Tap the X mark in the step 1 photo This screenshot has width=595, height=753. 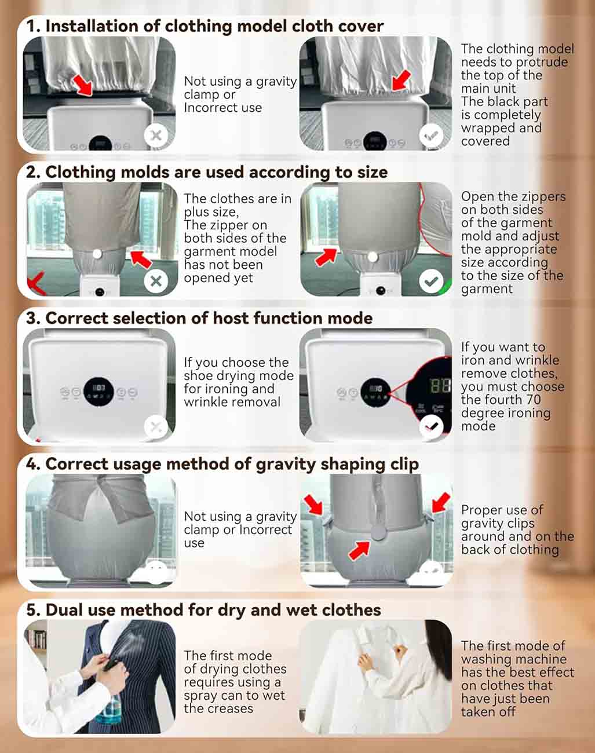pos(156,135)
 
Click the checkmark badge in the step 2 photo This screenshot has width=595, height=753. pos(431,281)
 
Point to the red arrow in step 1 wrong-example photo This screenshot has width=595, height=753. pos(83,85)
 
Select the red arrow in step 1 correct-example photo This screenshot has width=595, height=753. pos(401,81)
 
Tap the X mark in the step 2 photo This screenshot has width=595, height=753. pos(156,281)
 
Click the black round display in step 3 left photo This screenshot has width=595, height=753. pos(98,392)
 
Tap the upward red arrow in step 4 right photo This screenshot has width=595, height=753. pos(359,551)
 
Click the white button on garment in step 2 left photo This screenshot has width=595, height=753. pos(97,254)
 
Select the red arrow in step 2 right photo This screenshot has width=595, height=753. pos(326,258)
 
